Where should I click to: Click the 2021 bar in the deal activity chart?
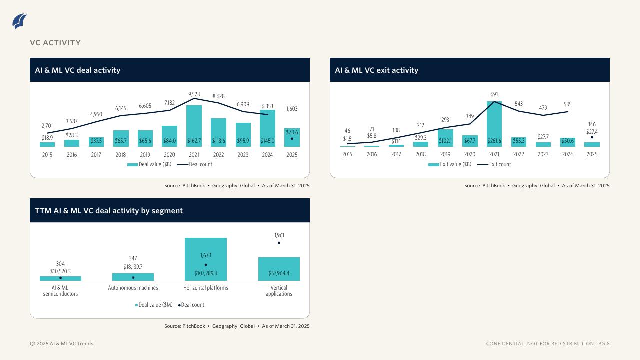point(194,125)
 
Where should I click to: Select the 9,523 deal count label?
point(194,94)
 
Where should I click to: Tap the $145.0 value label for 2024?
point(267,141)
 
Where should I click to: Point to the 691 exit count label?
point(494,94)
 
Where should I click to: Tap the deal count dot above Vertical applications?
point(279,243)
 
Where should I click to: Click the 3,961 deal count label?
point(279,235)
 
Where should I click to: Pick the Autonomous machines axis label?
point(133,288)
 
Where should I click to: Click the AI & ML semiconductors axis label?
point(60,291)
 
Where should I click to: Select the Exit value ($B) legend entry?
point(450,164)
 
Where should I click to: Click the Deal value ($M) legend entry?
point(154,305)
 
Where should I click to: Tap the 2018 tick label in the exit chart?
point(420,155)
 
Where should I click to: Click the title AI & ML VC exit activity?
point(376,70)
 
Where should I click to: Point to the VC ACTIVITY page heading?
point(55,43)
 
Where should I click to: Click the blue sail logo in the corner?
point(20,21)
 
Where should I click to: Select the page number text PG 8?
point(604,344)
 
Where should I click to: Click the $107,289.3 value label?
point(205,274)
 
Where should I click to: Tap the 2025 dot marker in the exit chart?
point(592,137)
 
